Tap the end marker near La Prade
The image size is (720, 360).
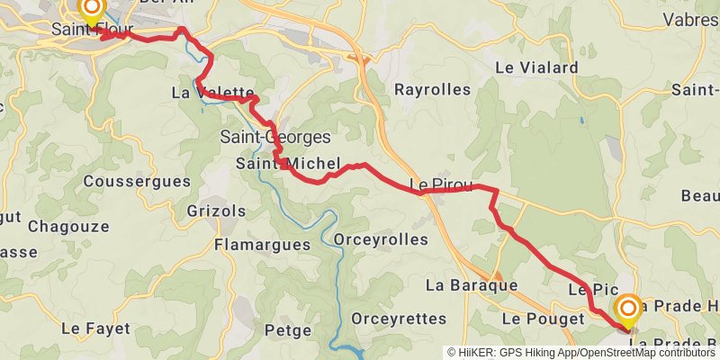pyautogui.click(x=627, y=311)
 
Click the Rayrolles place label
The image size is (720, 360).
pyautogui.click(x=432, y=89)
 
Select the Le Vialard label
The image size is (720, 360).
pyautogui.click(x=536, y=67)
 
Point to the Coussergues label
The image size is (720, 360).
pyautogui.click(x=137, y=181)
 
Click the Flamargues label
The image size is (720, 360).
pyautogui.click(x=262, y=244)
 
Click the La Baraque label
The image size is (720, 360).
pyautogui.click(x=472, y=285)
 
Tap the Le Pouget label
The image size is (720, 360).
pyautogui.click(x=538, y=319)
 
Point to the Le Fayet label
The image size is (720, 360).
pyautogui.click(x=95, y=328)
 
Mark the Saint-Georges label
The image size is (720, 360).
pyautogui.click(x=275, y=138)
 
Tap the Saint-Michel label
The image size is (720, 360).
pyautogui.click(x=287, y=164)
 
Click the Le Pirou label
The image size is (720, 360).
pyautogui.click(x=440, y=185)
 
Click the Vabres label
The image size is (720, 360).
pyautogui.click(x=690, y=19)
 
